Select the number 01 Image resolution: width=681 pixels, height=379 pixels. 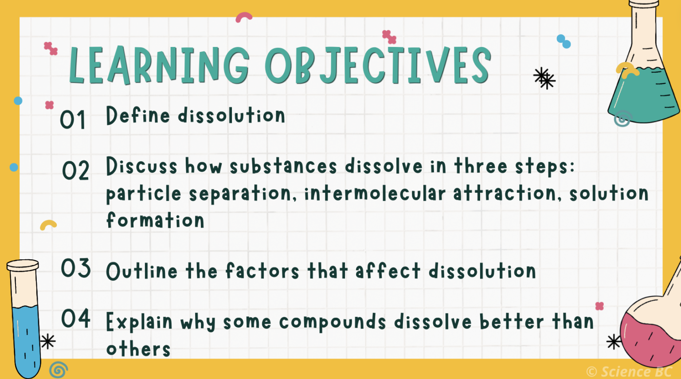pos(73,120)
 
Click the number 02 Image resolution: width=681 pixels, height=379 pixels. pos(75,171)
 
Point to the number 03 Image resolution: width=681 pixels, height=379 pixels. pos(76,268)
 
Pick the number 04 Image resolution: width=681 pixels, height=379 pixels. pos(76,319)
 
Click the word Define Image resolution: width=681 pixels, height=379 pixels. pos(137,116)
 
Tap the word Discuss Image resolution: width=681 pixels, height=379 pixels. pos(141,166)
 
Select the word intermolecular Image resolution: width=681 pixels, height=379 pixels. pos(375,194)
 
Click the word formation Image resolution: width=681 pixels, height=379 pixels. pos(155,220)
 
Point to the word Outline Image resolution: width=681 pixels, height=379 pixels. pos(141,271)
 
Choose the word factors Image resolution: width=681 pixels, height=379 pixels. pos(262,271)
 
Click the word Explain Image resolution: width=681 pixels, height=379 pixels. pos(139,322)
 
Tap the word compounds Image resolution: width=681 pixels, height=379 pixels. pos(333,322)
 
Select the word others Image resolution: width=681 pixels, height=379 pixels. pos(138,349)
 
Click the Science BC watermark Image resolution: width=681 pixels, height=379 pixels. pos(630,371)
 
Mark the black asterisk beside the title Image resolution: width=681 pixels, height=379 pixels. pos(544,78)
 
